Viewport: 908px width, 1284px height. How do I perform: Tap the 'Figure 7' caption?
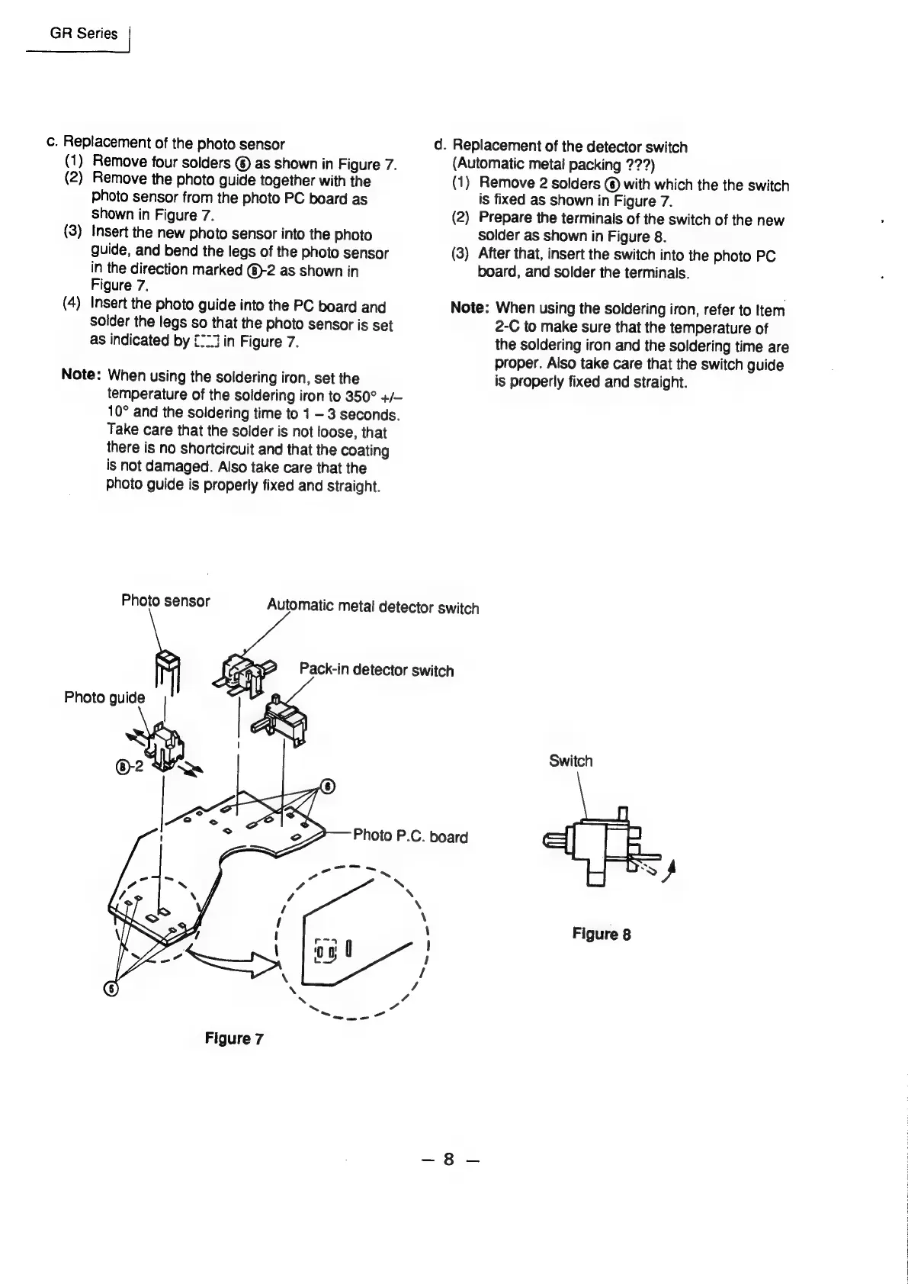(233, 1038)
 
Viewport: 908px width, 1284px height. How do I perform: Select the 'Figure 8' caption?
(602, 934)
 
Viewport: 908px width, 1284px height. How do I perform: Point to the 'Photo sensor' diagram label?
(165, 600)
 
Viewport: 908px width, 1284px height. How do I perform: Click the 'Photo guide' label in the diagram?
(104, 697)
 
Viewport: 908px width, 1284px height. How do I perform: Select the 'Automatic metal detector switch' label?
(373, 607)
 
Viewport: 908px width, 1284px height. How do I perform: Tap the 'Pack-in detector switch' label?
(377, 671)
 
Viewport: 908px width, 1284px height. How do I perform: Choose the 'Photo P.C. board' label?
(411, 836)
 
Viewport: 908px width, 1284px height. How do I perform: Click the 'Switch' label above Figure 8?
(570, 761)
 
